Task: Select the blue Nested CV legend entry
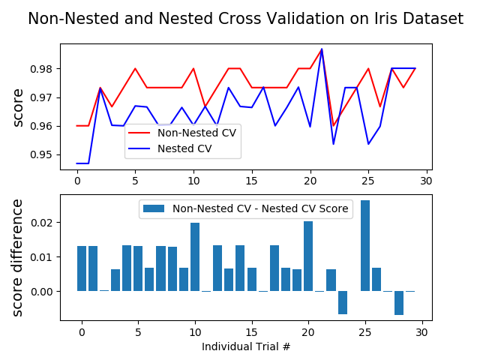click(x=184, y=148)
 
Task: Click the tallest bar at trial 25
click(x=365, y=246)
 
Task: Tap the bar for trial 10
click(x=195, y=257)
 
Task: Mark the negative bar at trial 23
click(x=343, y=302)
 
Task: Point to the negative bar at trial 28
click(x=399, y=302)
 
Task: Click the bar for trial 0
click(x=82, y=268)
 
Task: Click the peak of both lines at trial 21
click(x=322, y=49)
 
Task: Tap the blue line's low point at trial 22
click(x=333, y=144)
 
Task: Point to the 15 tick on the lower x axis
click(x=252, y=331)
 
